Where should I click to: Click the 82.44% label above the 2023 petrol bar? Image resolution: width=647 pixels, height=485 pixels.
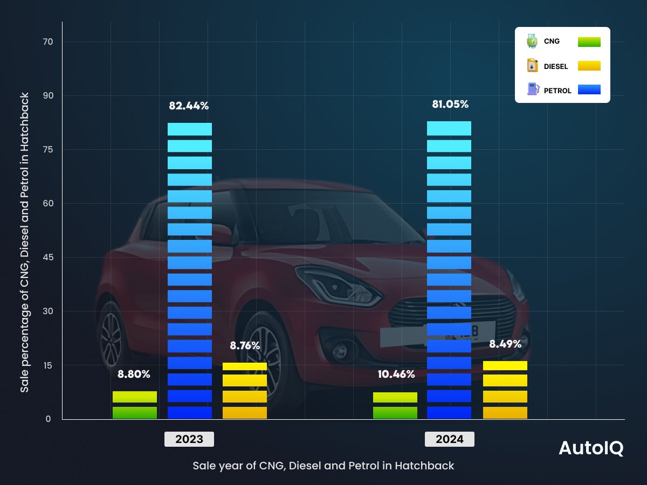tap(189, 106)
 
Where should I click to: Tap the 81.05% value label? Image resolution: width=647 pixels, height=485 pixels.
tap(450, 105)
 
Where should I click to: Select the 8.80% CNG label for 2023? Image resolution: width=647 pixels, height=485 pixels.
tap(134, 374)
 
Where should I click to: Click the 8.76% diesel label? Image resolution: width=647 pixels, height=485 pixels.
tap(245, 346)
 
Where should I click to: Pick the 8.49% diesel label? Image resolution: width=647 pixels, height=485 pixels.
tap(505, 344)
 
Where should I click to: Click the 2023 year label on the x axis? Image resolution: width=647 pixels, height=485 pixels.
tap(189, 439)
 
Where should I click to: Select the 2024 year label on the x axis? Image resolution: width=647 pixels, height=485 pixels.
tap(450, 439)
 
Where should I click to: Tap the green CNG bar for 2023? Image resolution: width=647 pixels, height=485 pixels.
tap(135, 405)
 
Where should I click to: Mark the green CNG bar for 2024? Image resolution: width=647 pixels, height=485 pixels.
tap(395, 406)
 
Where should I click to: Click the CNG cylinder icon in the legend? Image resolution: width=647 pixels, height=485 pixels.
tap(532, 41)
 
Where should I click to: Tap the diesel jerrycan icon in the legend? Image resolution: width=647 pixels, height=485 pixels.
tap(532, 66)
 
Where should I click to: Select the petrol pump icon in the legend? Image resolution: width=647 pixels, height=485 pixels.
tap(532, 89)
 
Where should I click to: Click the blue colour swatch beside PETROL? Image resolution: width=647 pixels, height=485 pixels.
tap(589, 89)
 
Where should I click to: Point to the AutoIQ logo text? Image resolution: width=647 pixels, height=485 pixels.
tap(591, 448)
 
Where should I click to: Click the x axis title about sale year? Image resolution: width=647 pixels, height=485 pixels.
tap(323, 466)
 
